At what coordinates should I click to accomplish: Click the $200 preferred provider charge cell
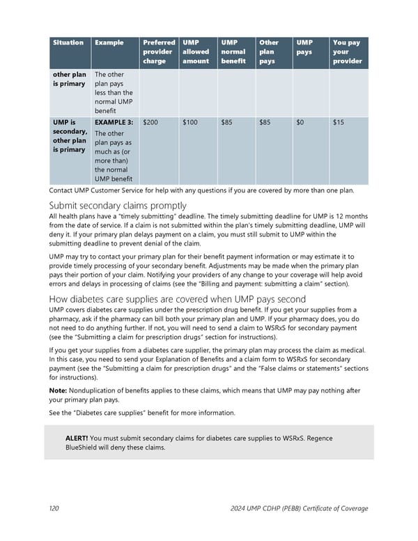point(150,122)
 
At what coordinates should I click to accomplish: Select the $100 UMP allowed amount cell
point(190,122)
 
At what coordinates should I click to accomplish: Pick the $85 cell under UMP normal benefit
point(226,122)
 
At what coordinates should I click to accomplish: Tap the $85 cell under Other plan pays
point(265,122)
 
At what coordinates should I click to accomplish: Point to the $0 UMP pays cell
point(300,122)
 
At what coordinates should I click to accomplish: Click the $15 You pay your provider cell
point(338,122)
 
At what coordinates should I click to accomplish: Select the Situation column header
point(68,43)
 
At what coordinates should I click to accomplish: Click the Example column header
point(109,43)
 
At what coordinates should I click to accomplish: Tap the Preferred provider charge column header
point(158,52)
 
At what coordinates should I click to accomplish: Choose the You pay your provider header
point(347,52)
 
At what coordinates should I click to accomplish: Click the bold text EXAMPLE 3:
point(114,122)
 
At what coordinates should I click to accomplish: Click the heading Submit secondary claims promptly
point(118,205)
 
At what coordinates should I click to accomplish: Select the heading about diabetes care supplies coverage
point(178,299)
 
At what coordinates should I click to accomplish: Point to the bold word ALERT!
point(76,438)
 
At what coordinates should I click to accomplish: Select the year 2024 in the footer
point(239,508)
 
